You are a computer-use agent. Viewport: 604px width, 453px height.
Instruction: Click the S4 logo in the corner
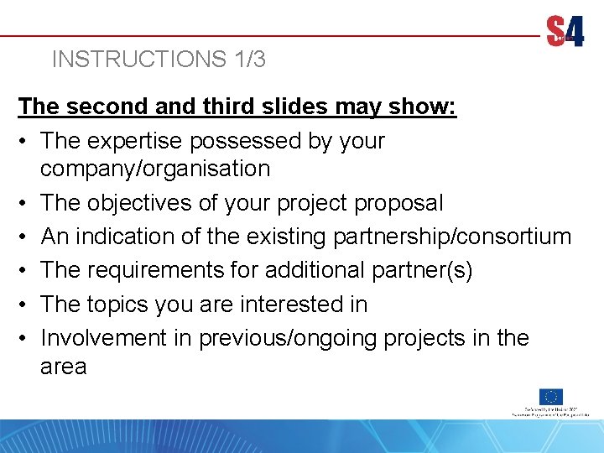pos(565,33)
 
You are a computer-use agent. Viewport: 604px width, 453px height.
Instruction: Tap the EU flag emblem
pos(551,397)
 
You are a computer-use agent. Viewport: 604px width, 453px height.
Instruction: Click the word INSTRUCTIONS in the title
pos(133,60)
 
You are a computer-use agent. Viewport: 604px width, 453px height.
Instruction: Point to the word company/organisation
pos(154,169)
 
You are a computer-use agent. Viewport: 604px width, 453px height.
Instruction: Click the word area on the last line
pos(63,367)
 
